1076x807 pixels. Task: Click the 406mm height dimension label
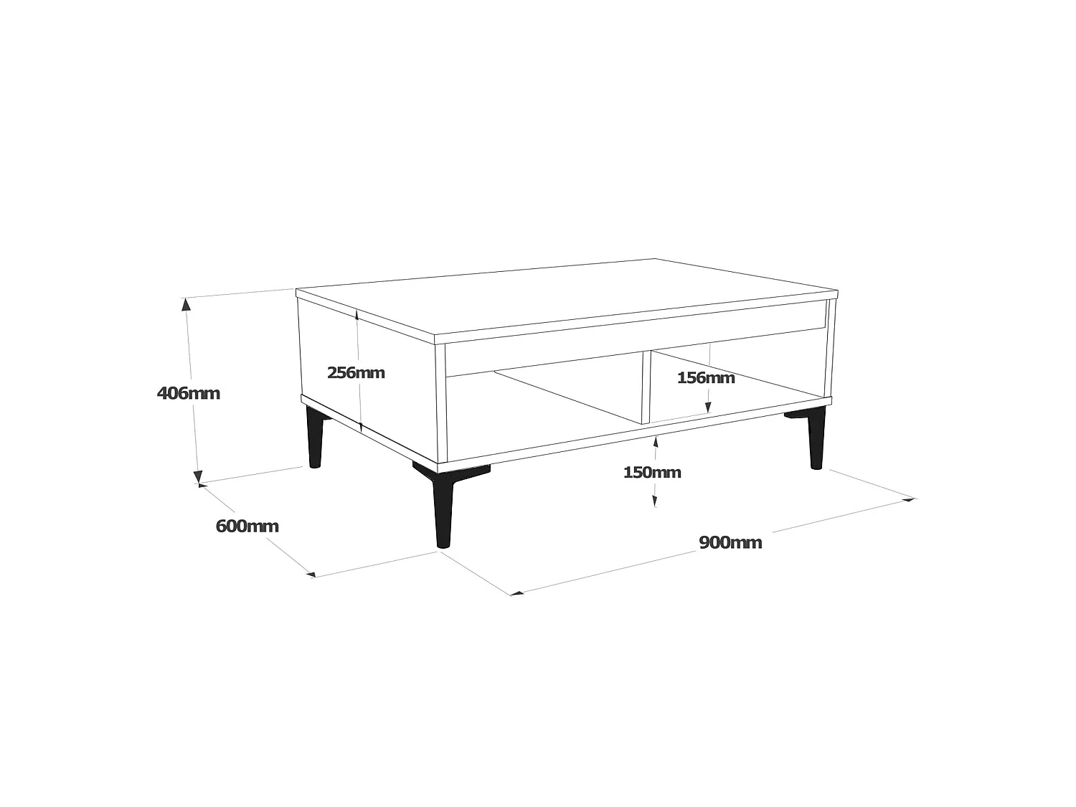(x=188, y=393)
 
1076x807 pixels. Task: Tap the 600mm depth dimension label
(x=247, y=526)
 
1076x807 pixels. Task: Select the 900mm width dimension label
(x=730, y=542)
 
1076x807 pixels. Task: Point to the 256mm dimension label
(x=356, y=372)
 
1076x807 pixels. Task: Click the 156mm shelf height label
(x=706, y=377)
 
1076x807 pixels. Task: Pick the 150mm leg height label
(x=652, y=472)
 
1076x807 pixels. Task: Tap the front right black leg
(x=816, y=439)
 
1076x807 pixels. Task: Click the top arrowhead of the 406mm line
(x=187, y=304)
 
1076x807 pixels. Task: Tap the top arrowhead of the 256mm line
(x=357, y=314)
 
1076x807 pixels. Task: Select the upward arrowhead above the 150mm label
(x=655, y=443)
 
